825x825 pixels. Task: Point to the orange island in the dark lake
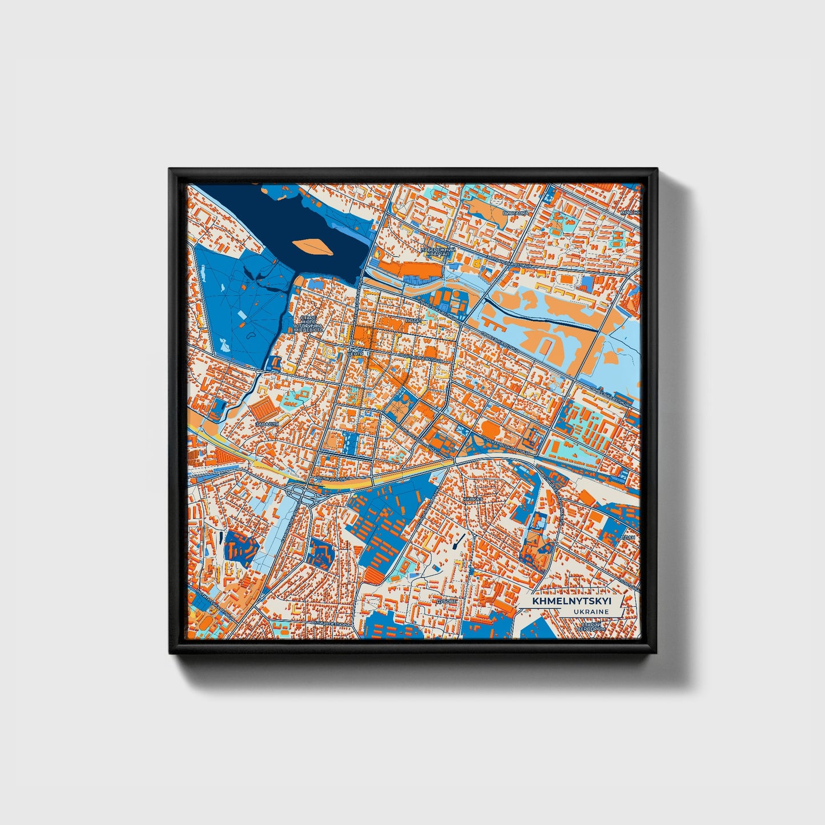point(311,246)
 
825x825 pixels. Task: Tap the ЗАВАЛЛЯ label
point(267,425)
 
